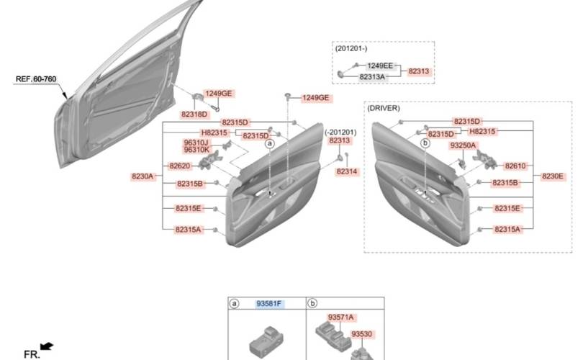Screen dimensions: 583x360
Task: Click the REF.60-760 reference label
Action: click(36, 79)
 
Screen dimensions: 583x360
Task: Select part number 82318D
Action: click(194, 114)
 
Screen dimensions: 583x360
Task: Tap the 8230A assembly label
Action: click(143, 176)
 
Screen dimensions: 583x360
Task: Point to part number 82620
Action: click(180, 166)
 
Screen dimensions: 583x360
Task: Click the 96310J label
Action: click(196, 143)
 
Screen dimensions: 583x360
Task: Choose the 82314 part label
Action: click(346, 171)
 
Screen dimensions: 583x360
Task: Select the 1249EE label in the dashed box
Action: click(380, 66)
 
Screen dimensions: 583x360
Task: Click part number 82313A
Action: click(372, 77)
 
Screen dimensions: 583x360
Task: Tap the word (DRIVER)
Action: click(384, 108)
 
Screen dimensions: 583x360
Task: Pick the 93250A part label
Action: click(463, 145)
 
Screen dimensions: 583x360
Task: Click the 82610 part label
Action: click(515, 166)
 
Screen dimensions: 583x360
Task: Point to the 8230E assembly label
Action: click(553, 176)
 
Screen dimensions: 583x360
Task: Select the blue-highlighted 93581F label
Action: click(269, 304)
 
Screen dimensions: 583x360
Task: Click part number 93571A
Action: click(340, 318)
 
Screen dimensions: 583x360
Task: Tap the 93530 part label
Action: click(362, 334)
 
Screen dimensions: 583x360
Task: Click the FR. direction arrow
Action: click(47, 346)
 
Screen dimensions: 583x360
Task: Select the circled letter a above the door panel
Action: click(270, 143)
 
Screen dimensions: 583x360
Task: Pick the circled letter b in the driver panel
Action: click(425, 143)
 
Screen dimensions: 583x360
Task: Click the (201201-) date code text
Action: click(351, 49)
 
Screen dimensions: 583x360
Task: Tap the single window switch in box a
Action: click(266, 341)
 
